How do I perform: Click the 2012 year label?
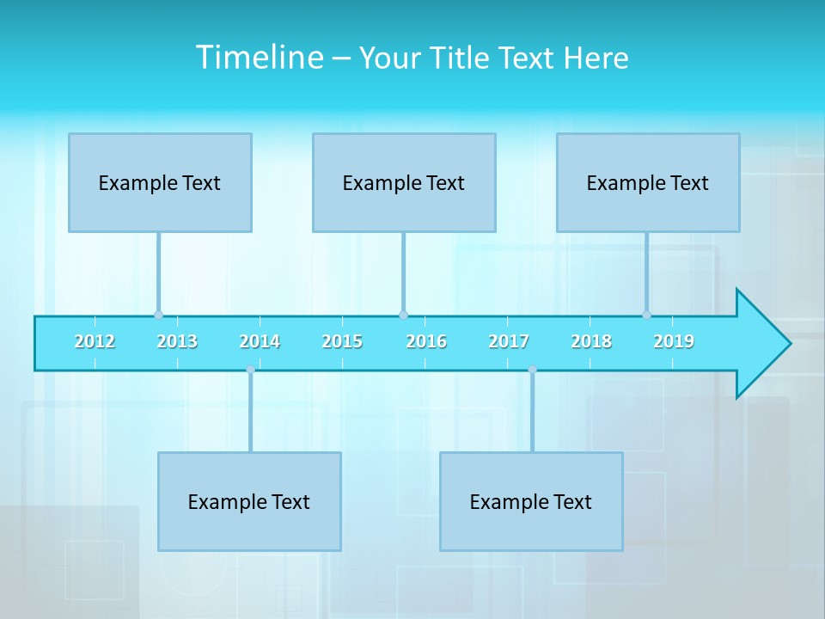pos(95,341)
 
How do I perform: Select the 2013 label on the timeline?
pos(177,341)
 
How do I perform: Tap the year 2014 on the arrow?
pos(260,341)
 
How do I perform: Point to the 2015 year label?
pos(342,341)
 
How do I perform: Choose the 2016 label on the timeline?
pos(426,341)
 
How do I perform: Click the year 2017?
pos(509,341)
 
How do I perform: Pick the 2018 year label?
pos(591,341)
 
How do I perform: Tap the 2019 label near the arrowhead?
pos(674,341)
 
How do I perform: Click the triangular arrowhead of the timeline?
pos(761,344)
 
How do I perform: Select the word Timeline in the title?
pos(258,58)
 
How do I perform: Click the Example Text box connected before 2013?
pos(160,182)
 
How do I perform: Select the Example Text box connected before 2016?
pos(404,182)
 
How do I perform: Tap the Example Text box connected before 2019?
pos(648,182)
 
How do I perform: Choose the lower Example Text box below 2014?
pos(249,501)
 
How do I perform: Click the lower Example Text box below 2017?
pos(531,501)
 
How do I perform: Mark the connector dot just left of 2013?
pos(158,315)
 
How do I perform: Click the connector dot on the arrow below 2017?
pos(532,370)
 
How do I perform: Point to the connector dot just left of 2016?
pos(403,315)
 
